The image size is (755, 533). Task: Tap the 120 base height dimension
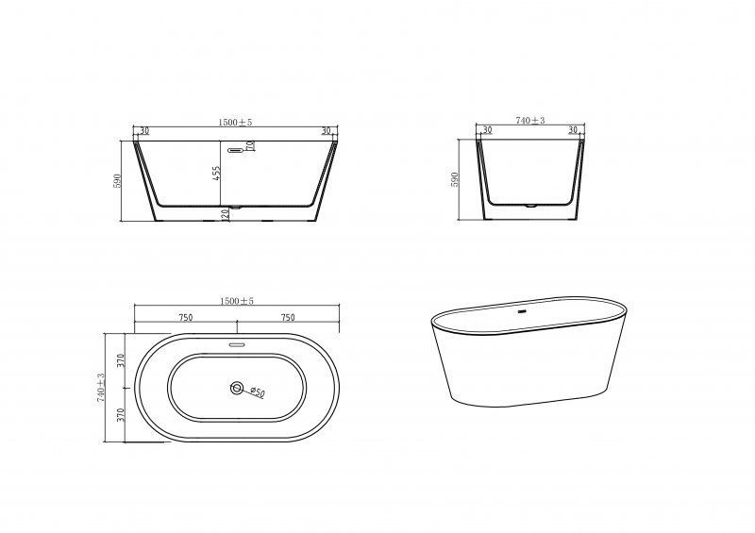point(226,214)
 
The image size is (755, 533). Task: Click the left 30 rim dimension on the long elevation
point(144,131)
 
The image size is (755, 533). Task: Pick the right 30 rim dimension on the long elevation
point(326,131)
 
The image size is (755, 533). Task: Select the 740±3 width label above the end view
point(531,121)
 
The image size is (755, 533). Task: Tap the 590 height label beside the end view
point(455,179)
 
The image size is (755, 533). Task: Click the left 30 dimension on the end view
point(487,131)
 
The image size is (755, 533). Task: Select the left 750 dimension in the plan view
point(185,317)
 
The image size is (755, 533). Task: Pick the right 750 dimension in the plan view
point(287,317)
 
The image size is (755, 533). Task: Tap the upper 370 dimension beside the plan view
point(121,359)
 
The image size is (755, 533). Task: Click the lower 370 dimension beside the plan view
point(121,416)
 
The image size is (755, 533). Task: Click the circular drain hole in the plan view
point(236,387)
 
